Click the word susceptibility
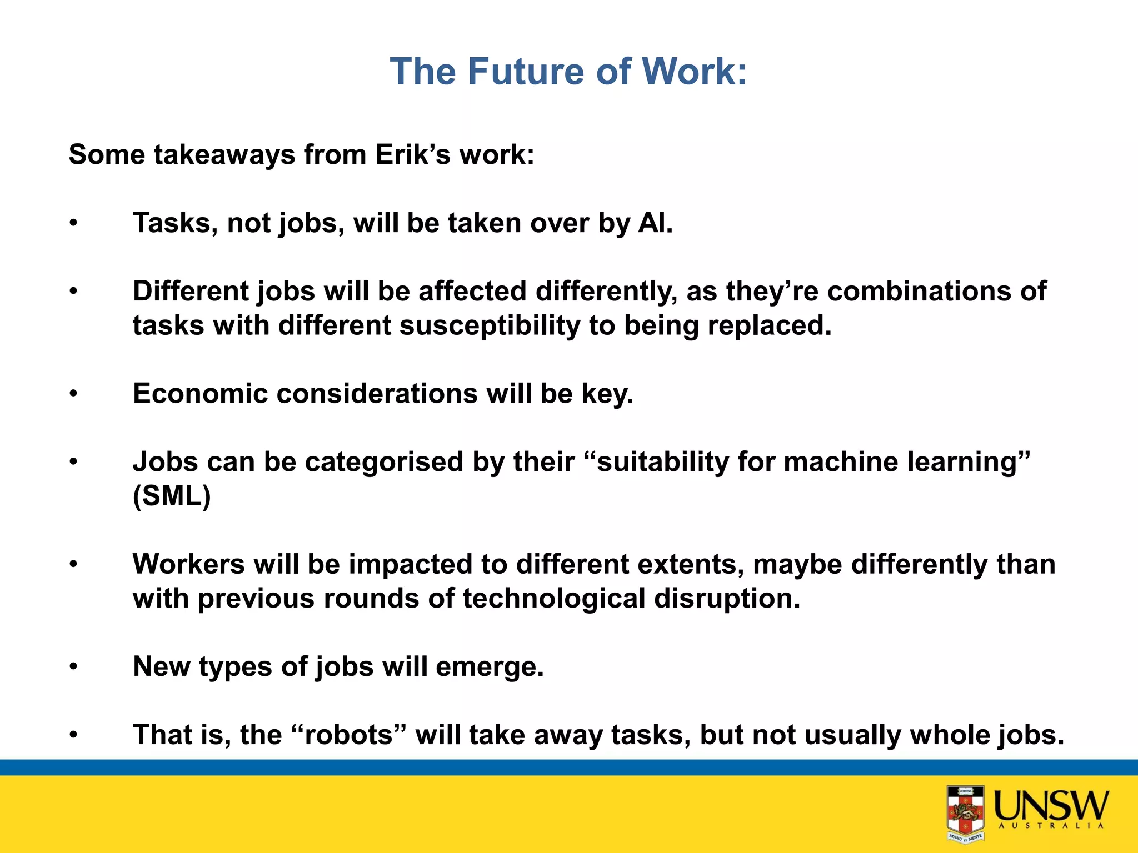coord(490,325)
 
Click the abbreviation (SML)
coord(172,496)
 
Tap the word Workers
coord(188,564)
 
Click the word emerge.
coord(490,666)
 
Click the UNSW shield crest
coord(965,813)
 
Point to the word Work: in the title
coord(694,72)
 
